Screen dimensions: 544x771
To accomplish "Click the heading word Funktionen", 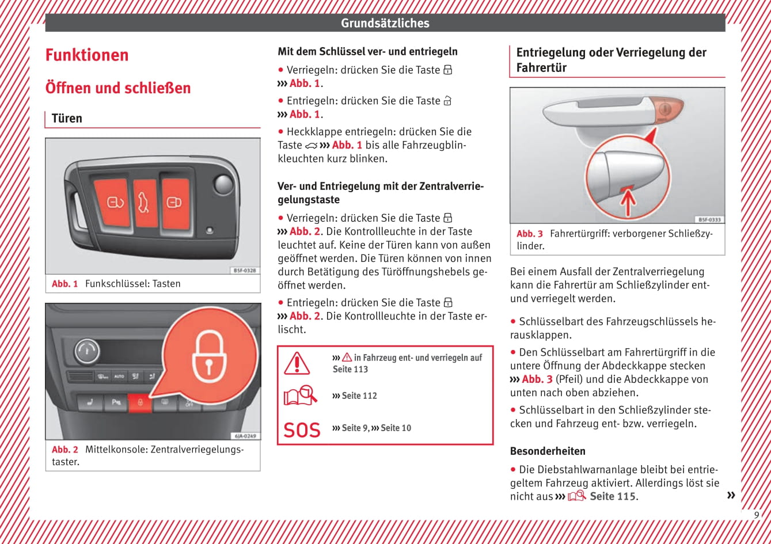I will click(x=87, y=55).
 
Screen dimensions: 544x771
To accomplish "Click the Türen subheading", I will click(x=67, y=119).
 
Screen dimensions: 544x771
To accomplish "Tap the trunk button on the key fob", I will click(x=145, y=203).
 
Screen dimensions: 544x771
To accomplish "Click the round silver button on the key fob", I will click(x=223, y=184).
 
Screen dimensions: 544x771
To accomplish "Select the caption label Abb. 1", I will click(x=64, y=284).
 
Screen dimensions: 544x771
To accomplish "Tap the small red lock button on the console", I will click(x=139, y=403).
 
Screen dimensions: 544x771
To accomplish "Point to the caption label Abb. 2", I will click(x=64, y=450).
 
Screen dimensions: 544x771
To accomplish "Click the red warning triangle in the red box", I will click(x=297, y=363).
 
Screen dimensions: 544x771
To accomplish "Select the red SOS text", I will click(x=302, y=430).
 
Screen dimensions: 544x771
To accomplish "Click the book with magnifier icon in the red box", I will click(x=300, y=395).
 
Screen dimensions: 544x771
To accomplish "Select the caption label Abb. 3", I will click(x=529, y=234).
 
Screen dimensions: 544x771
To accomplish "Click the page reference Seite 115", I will click(x=613, y=496).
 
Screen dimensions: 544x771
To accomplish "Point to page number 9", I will click(x=757, y=515).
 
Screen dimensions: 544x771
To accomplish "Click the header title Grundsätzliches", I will click(x=385, y=23).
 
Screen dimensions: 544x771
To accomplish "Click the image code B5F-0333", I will click(x=709, y=219).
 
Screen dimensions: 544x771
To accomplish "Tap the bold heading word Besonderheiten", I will click(x=548, y=451).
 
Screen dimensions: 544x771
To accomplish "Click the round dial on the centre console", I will click(x=86, y=351).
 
